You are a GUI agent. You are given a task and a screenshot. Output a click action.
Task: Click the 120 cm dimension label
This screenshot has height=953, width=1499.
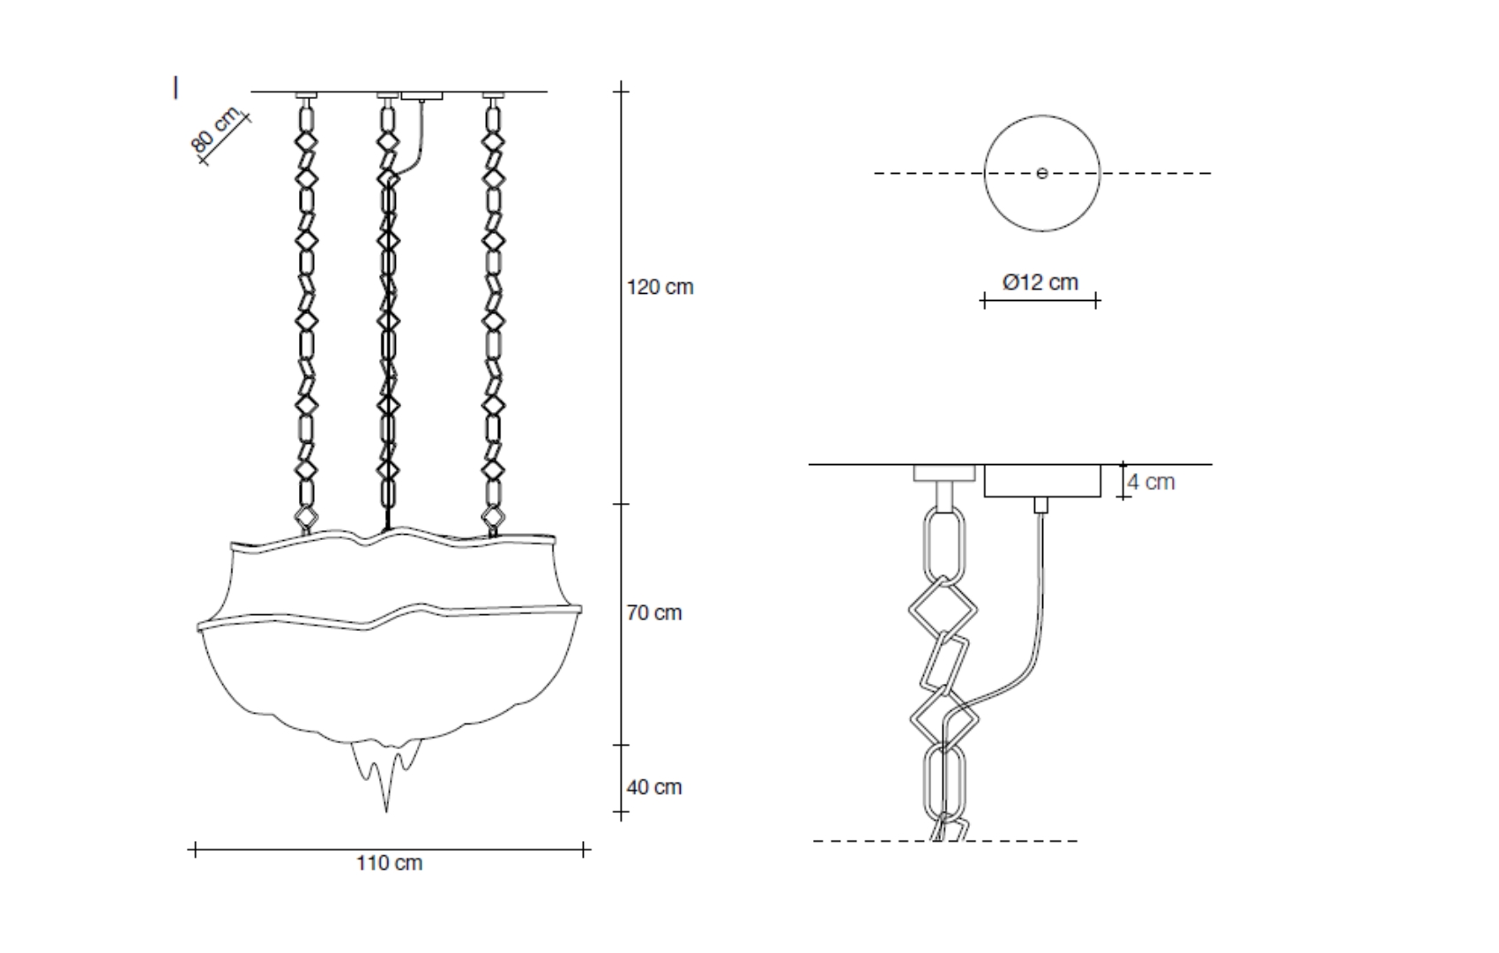660,288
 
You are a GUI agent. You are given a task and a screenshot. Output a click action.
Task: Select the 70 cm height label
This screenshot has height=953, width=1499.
653,612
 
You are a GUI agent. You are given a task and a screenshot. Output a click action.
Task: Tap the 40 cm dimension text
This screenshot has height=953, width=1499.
653,787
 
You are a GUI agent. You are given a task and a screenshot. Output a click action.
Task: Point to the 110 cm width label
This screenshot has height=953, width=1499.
390,863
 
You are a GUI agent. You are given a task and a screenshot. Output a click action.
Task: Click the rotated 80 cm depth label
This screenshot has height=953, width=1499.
214,129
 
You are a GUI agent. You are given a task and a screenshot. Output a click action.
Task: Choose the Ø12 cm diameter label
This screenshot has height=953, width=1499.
1040,282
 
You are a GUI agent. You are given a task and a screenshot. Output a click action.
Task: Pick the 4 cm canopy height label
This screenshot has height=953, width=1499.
1151,482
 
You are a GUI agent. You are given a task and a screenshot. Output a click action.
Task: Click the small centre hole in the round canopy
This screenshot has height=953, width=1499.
1042,174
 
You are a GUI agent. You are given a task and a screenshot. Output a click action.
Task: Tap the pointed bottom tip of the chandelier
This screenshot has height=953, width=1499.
386,811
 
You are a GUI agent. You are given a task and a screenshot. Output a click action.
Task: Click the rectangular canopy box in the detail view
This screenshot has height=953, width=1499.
1042,481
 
